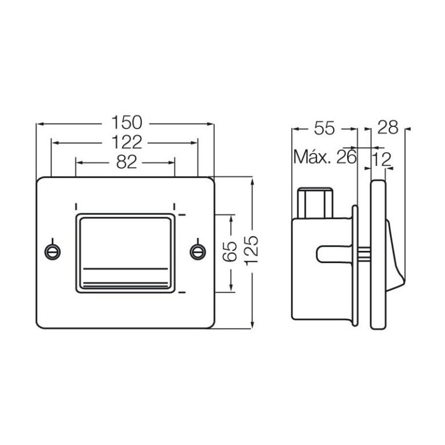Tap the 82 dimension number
click(125, 162)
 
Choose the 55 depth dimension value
click(324, 128)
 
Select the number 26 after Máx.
click(345, 158)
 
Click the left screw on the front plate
click(53, 251)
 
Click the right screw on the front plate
click(198, 251)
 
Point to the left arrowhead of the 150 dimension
click(39, 123)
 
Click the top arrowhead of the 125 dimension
click(253, 181)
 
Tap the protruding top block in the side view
click(316, 202)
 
